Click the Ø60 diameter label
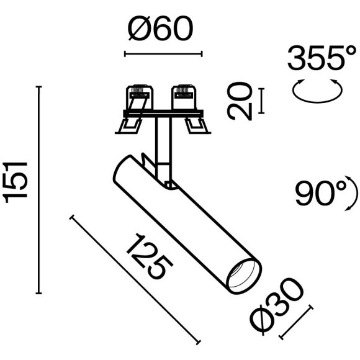click(160, 29)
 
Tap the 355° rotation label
click(317, 60)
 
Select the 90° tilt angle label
click(322, 194)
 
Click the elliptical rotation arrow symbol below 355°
click(317, 91)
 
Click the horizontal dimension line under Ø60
click(164, 54)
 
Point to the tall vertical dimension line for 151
click(40, 190)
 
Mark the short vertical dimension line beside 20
click(261, 101)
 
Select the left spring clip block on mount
click(138, 97)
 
